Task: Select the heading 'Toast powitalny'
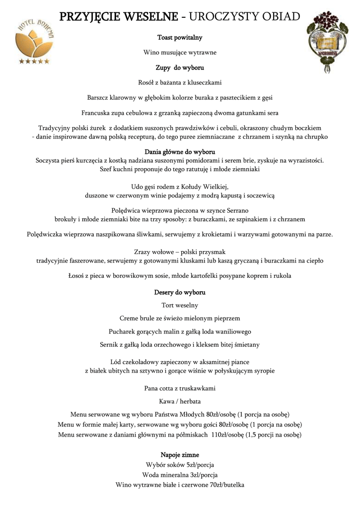[x=180, y=37]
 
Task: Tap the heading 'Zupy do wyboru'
[x=180, y=67]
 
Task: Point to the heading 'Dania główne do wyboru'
[x=180, y=151]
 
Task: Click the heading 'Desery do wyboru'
[x=180, y=292]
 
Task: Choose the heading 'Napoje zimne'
[x=180, y=454]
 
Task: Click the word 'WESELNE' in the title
[x=150, y=17]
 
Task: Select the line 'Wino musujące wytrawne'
[x=180, y=52]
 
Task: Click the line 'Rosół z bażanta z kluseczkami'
[x=180, y=82]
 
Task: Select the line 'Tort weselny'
[x=180, y=305]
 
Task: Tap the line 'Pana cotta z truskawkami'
[x=180, y=388]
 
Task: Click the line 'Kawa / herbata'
[x=180, y=401]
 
